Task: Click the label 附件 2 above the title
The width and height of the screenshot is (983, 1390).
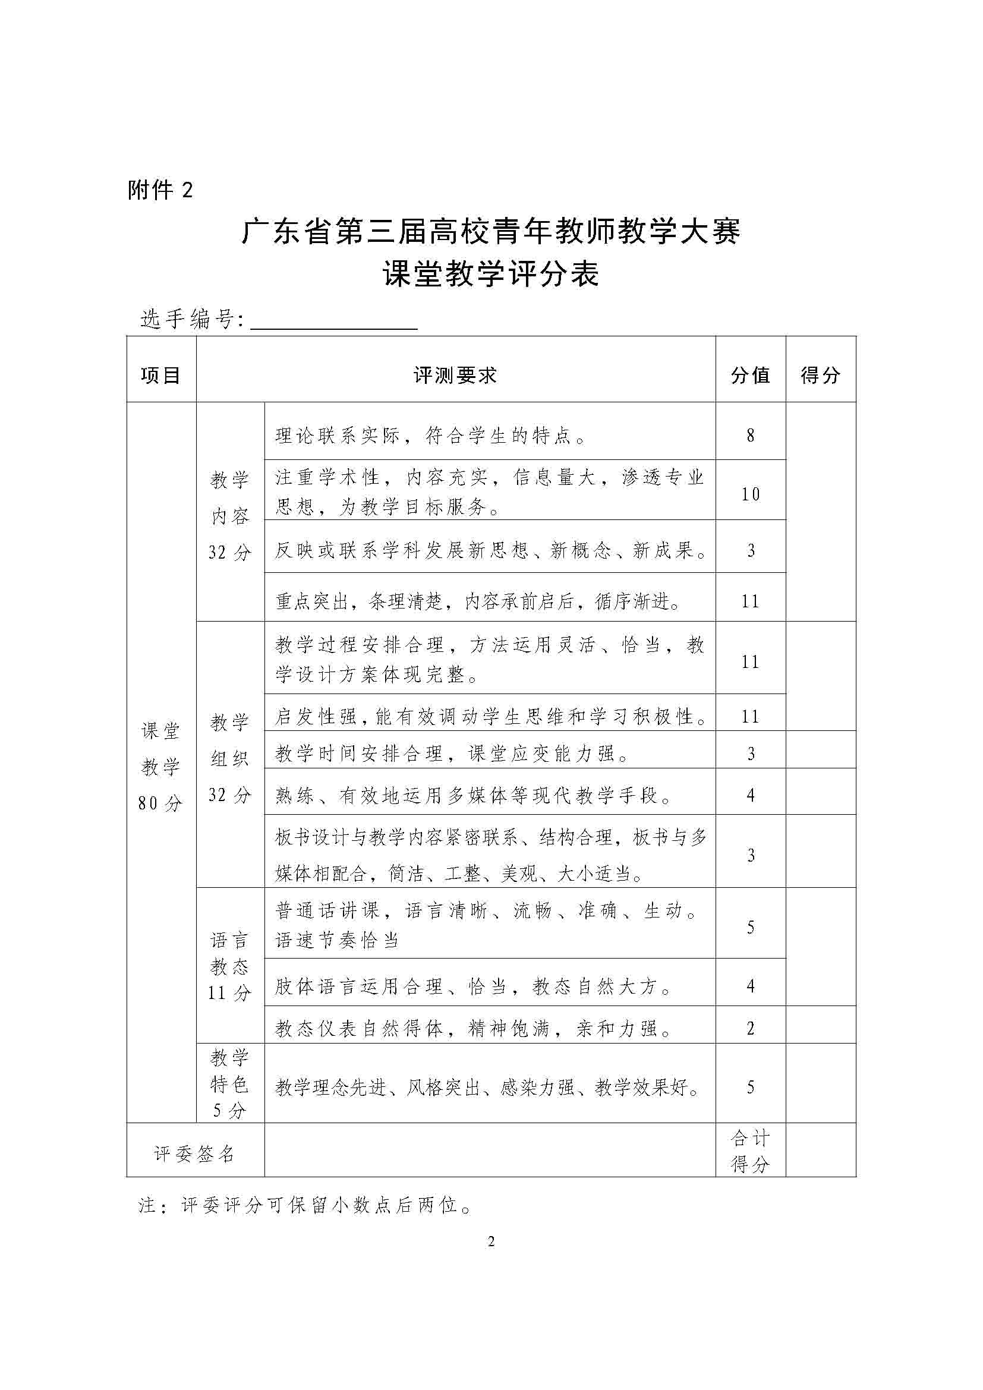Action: pyautogui.click(x=160, y=191)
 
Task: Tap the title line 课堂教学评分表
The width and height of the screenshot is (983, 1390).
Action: pyautogui.click(x=491, y=274)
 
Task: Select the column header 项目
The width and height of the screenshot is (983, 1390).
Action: pyautogui.click(x=161, y=376)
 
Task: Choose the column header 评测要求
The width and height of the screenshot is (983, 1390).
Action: pyautogui.click(x=455, y=376)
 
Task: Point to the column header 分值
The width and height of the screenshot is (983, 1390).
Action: pyautogui.click(x=751, y=376)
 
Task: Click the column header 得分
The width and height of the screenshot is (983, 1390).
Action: pyautogui.click(x=821, y=376)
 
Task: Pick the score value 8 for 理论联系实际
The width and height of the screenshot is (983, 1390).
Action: pyautogui.click(x=751, y=435)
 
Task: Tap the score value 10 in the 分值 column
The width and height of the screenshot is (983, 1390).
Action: pyautogui.click(x=751, y=494)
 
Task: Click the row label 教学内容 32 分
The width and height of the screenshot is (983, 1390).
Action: pyautogui.click(x=230, y=516)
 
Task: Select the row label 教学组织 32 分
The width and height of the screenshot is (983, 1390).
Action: pyautogui.click(x=230, y=758)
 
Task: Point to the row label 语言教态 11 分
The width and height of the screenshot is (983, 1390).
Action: pyautogui.click(x=230, y=966)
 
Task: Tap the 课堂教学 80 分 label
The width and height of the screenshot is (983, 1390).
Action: pyautogui.click(x=161, y=767)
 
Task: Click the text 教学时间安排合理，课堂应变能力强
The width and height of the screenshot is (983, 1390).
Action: pyautogui.click(x=453, y=754)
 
